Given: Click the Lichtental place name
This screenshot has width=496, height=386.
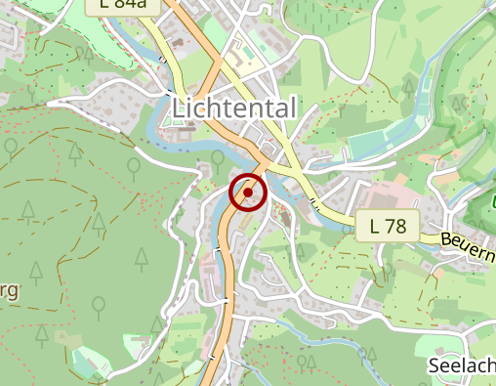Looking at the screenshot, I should [x=234, y=107].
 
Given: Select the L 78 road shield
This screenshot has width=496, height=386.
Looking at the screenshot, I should [x=387, y=227].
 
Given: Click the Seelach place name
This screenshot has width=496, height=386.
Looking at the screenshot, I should [x=461, y=365].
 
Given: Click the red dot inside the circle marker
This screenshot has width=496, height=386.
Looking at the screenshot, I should [x=248, y=193].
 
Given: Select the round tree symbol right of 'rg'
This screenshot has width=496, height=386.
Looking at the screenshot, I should [x=99, y=306].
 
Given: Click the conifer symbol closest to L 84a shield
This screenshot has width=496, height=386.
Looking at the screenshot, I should [x=89, y=55].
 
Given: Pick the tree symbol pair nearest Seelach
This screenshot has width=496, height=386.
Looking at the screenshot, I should [x=306, y=363].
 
